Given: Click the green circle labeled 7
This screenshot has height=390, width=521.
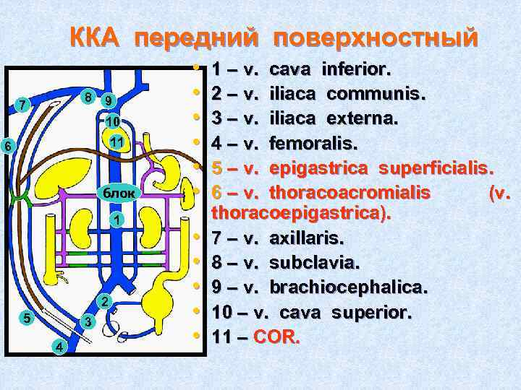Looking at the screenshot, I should point(24,105).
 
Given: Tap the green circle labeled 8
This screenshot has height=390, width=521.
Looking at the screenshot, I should point(87,96).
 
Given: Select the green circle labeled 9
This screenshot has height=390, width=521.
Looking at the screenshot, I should point(108,100).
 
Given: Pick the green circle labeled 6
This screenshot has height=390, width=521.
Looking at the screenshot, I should point(7,145).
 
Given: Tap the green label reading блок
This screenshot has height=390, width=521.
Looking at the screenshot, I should point(115,193).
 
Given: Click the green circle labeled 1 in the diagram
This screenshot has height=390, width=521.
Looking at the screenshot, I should point(117,219).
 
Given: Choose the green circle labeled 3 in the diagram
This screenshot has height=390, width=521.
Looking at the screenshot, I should point(87,321).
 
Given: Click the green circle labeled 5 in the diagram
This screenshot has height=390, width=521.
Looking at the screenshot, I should point(25,316).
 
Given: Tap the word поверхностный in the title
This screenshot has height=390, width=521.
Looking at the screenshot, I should point(376,38).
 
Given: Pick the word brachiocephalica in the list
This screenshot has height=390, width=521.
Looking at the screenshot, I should point(348,287).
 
